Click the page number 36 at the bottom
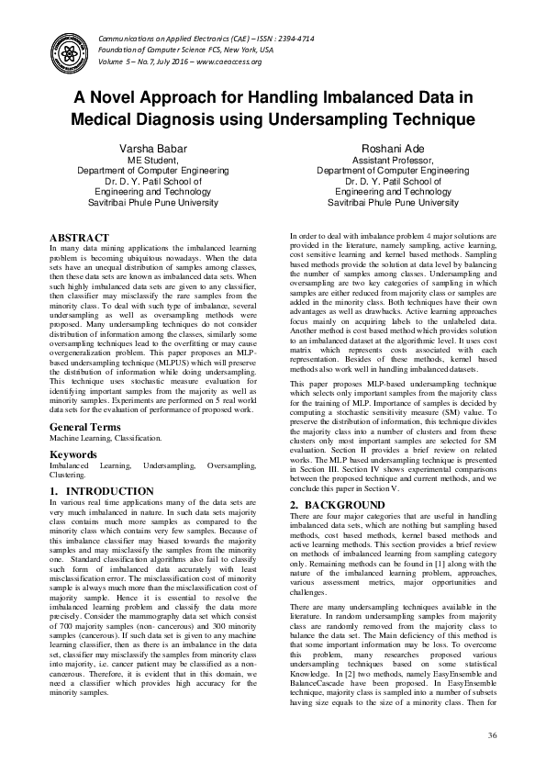pyautogui.click(x=492, y=736)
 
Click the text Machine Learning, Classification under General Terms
pyautogui.click(x=106, y=439)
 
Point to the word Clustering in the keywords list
pyautogui.click(x=69, y=476)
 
